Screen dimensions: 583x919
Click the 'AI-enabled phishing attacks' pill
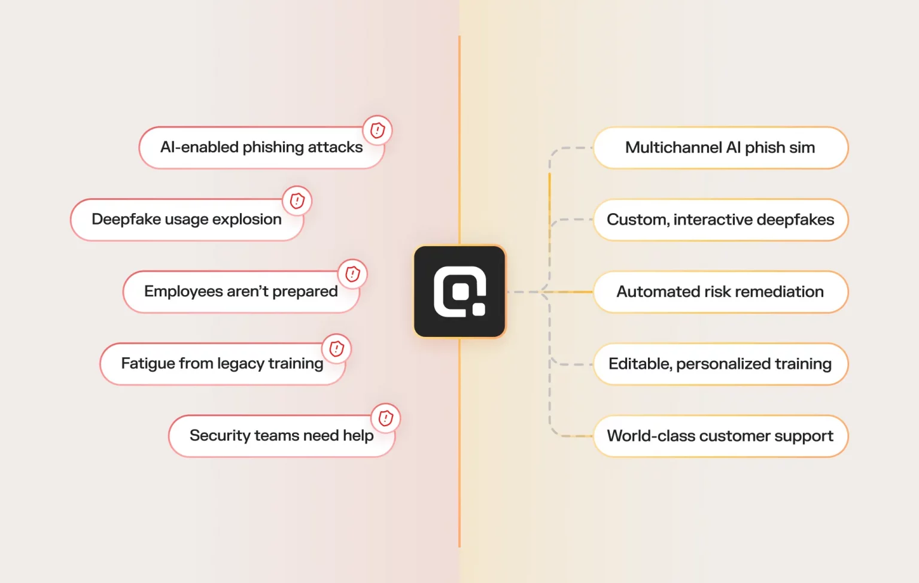tap(261, 148)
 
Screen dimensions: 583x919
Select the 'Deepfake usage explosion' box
tap(186, 220)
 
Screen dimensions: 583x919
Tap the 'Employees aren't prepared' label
tap(241, 291)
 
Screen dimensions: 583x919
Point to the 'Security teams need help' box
tap(281, 436)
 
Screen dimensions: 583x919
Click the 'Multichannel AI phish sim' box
tap(720, 148)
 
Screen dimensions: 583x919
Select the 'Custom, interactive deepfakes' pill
tap(720, 220)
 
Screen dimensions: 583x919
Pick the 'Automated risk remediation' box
tap(720, 291)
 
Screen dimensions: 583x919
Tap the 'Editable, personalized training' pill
tap(720, 364)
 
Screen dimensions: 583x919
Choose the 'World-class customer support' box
tap(720, 436)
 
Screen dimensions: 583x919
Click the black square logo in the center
tap(459, 291)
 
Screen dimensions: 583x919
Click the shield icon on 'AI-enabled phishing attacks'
tap(378, 130)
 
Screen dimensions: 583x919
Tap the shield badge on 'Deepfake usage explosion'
tap(297, 201)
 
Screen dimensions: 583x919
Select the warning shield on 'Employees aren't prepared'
tap(352, 274)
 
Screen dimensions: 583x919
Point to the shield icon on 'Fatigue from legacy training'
tap(337, 348)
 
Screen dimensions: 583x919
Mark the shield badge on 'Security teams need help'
tap(386, 418)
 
